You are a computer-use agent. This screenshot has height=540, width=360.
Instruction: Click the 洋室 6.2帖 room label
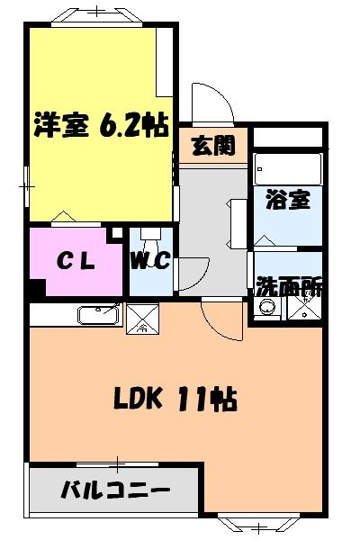click(x=101, y=125)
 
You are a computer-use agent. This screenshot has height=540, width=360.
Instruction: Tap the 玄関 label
click(x=212, y=145)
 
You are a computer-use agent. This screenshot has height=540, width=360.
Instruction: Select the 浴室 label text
click(x=287, y=200)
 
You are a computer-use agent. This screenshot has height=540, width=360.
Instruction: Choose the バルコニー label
click(x=114, y=492)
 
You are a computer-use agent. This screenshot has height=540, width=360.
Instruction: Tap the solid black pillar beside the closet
click(x=35, y=291)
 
